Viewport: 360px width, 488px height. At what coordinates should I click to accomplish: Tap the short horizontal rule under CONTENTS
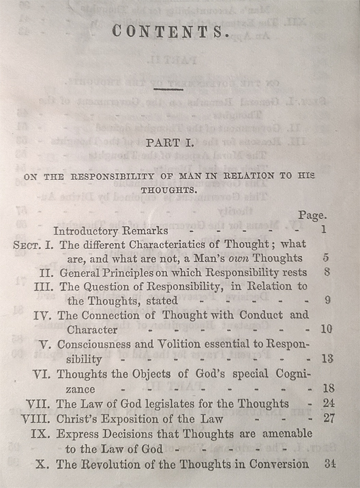(168, 88)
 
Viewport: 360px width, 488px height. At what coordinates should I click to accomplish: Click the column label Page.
(312, 215)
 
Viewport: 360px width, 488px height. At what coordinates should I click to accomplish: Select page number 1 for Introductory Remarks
(322, 230)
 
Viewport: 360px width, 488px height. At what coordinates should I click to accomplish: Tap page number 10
(327, 329)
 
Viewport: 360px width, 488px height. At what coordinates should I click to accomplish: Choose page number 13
(327, 359)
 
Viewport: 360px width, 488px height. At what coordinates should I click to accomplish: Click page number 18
(328, 388)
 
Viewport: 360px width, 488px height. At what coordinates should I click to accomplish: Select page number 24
(328, 403)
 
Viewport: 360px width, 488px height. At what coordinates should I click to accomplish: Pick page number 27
(328, 418)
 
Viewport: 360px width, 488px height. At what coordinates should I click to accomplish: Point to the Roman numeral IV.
(42, 316)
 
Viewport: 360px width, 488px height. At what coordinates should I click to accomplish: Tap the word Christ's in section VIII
(78, 418)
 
